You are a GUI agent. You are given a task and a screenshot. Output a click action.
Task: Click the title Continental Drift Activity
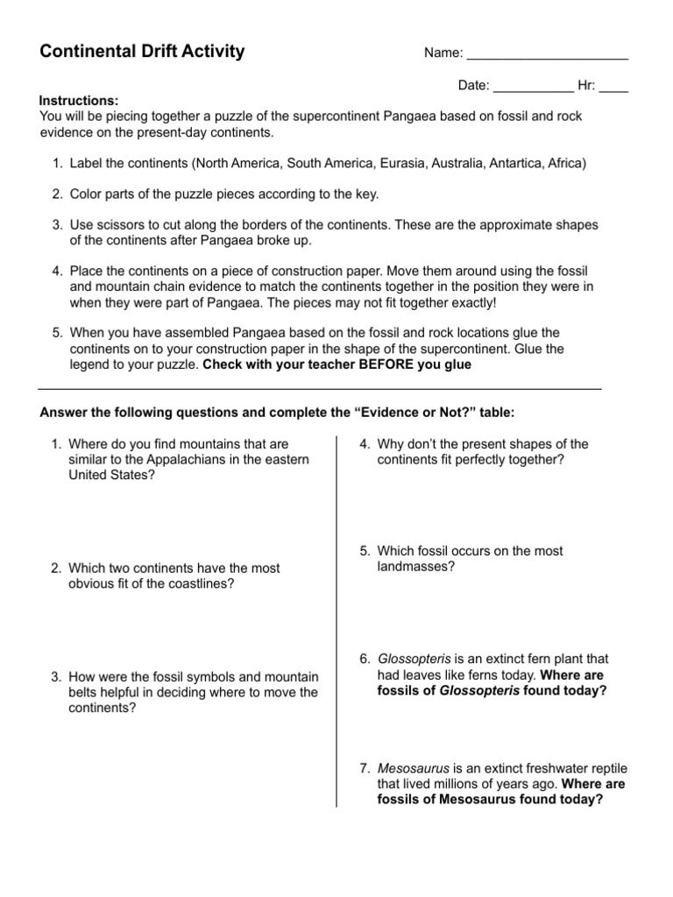[142, 52]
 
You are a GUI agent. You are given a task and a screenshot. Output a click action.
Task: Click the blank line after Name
[548, 57]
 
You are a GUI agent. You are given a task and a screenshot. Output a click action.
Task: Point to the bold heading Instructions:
[79, 101]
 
